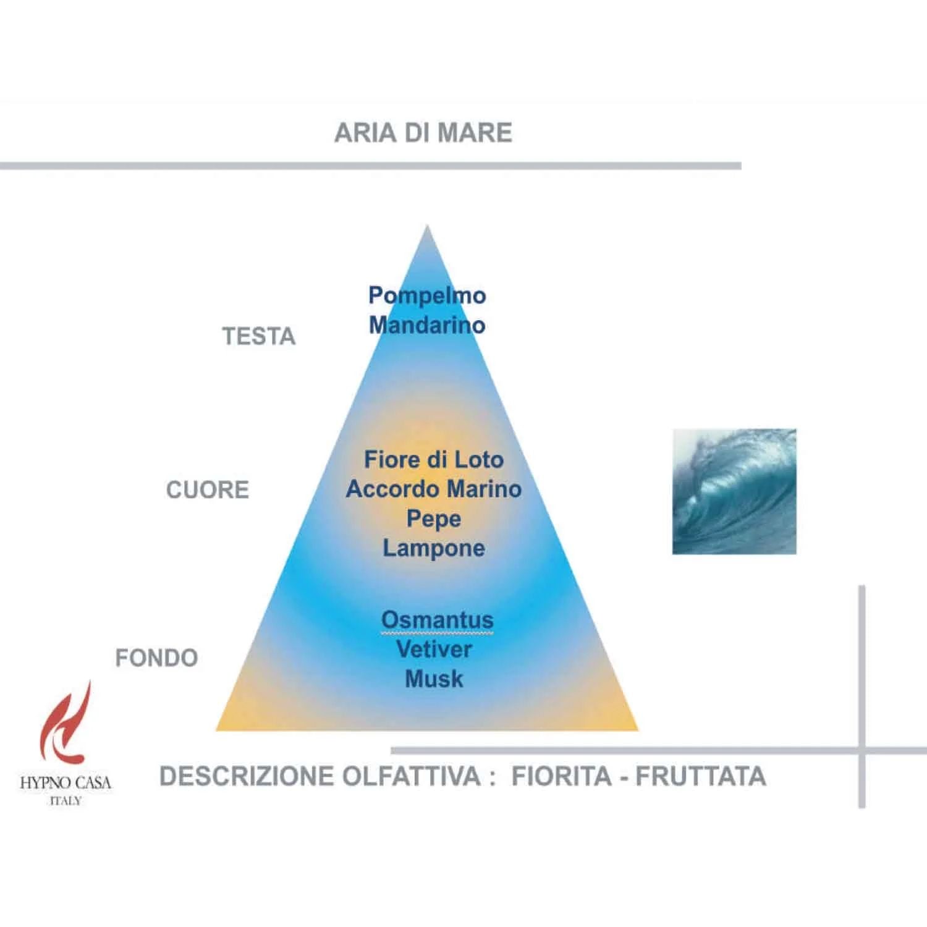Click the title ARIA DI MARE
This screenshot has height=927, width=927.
click(x=423, y=133)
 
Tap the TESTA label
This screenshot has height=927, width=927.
click(x=259, y=336)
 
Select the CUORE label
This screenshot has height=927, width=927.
click(x=208, y=489)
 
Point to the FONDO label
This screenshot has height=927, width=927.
click(x=157, y=658)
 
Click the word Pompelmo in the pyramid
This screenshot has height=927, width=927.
click(x=427, y=296)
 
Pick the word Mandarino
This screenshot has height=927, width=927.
click(x=427, y=325)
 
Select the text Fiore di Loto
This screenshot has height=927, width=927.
click(x=434, y=459)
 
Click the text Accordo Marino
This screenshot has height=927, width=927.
click(x=434, y=489)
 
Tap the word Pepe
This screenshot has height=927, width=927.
click(x=434, y=519)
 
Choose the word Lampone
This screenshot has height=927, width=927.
click(x=434, y=549)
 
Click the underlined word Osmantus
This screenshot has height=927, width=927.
click(x=438, y=620)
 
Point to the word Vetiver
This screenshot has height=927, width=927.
click(x=434, y=649)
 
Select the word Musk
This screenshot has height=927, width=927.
click(x=434, y=679)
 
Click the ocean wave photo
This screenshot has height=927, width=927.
click(x=734, y=491)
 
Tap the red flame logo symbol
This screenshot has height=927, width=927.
click(x=66, y=722)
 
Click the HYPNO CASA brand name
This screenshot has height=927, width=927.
click(x=66, y=783)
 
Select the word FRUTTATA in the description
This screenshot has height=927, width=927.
click(x=701, y=776)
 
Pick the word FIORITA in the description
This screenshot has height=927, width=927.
click(x=562, y=776)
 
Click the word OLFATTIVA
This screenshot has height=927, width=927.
click(x=412, y=776)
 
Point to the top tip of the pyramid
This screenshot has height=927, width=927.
click(x=427, y=226)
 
